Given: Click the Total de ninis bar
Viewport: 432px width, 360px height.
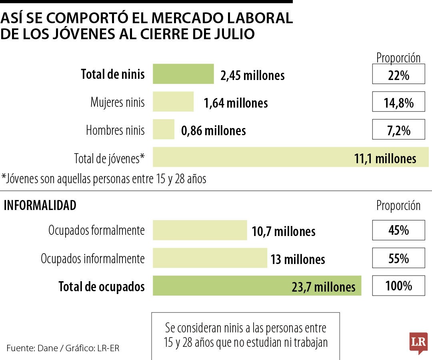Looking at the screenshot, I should pyautogui.click(x=183, y=74).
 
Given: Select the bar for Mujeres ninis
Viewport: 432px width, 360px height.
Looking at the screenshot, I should pyautogui.click(x=173, y=102).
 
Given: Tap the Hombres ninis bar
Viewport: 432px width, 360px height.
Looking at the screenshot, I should pyautogui.click(x=164, y=130).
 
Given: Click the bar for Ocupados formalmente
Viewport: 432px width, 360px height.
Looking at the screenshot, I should pyautogui.click(x=200, y=230).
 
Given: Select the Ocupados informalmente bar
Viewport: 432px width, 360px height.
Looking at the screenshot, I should pyautogui.click(x=210, y=258).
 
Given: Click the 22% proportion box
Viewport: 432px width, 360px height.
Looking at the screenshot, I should pyautogui.click(x=398, y=75).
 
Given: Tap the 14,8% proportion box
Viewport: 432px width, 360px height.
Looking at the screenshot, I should pyautogui.click(x=398, y=102).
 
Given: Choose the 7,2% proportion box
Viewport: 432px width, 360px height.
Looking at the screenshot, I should pyautogui.click(x=398, y=130).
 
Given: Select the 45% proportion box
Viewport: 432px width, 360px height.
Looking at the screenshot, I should pyautogui.click(x=398, y=230).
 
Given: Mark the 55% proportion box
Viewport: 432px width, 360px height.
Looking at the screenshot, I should pyautogui.click(x=398, y=258).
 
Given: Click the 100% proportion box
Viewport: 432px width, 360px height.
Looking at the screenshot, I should pyautogui.click(x=398, y=286).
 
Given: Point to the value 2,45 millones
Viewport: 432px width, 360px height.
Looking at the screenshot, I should pyautogui.click(x=252, y=75).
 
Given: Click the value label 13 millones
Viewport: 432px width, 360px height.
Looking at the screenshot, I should pyautogui.click(x=298, y=259).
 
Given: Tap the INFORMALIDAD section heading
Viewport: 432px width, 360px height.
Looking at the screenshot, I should pyautogui.click(x=40, y=206).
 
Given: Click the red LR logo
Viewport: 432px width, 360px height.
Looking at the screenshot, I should pyautogui.click(x=418, y=343).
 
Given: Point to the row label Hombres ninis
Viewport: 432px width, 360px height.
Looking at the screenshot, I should pyautogui.click(x=115, y=130).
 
